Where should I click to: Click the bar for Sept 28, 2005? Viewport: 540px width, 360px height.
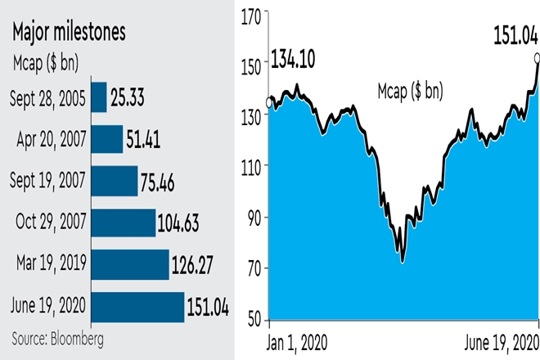[99, 97]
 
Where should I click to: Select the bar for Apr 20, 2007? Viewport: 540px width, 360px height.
[107, 139]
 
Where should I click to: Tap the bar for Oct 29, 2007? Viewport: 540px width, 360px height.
[124, 223]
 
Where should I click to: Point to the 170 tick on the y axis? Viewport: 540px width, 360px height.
[253, 14]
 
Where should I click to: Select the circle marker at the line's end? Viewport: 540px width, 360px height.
[537, 57]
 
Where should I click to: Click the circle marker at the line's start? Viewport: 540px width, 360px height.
[270, 103]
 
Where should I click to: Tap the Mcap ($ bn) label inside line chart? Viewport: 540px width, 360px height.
[411, 91]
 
